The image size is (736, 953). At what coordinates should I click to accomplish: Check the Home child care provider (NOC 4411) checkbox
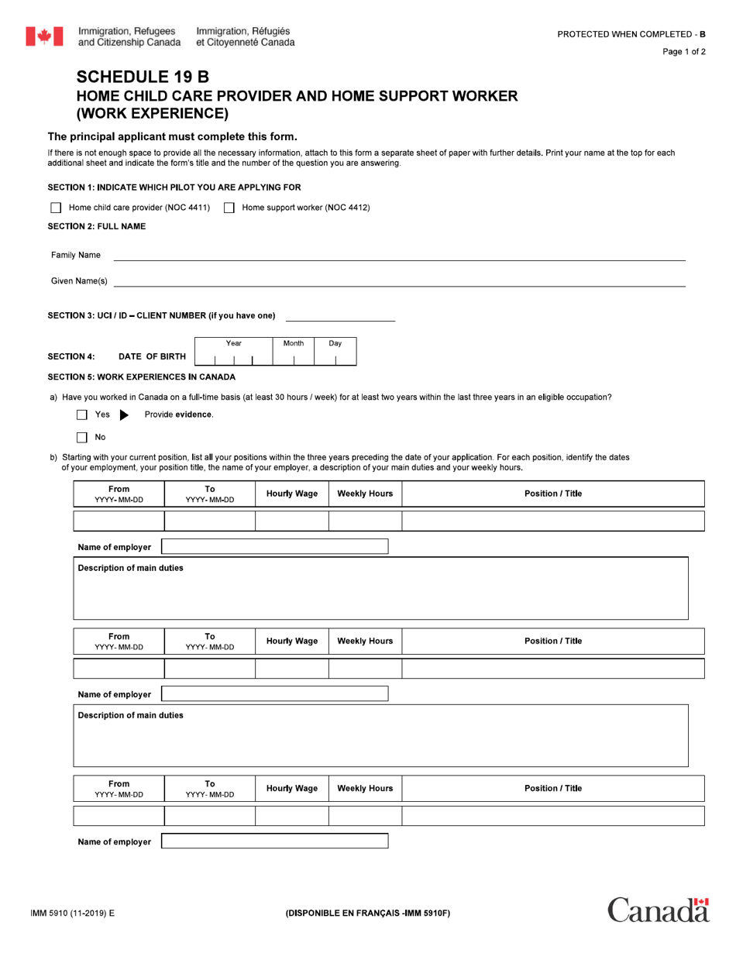56,208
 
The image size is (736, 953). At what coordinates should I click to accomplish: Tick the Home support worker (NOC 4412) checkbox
229,208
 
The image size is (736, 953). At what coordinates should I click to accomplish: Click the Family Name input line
399,255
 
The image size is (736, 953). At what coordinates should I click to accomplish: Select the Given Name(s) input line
399,281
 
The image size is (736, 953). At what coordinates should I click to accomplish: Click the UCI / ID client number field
340,316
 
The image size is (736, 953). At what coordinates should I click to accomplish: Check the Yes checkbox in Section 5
82,415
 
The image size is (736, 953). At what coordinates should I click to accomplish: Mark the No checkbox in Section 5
82,438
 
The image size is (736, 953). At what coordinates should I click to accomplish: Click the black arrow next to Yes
124,415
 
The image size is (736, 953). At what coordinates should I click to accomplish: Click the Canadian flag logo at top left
44,36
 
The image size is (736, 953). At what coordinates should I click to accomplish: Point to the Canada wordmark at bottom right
658,910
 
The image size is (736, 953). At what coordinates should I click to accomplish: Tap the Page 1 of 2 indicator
683,52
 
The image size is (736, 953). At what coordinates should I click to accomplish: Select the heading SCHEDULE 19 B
143,77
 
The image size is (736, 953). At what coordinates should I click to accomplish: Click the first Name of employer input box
274,547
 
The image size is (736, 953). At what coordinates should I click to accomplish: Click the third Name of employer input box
274,841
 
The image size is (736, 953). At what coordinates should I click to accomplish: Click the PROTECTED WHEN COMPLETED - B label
631,34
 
